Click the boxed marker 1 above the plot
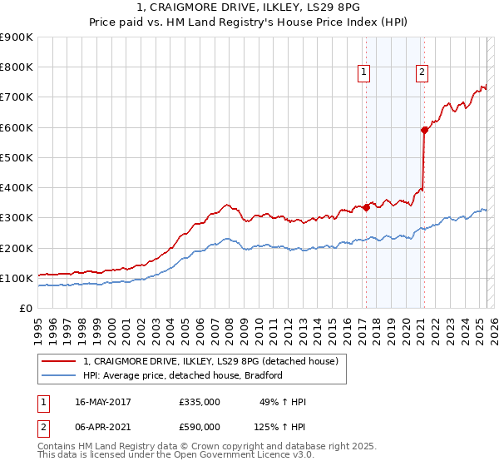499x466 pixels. click(364, 73)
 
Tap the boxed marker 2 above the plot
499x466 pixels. click(422, 73)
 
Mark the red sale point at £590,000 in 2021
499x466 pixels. click(424, 130)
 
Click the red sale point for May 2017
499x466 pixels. click(366, 207)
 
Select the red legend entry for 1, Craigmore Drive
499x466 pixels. click(210, 361)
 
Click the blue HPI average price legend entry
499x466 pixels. click(183, 375)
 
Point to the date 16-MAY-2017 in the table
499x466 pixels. click(103, 402)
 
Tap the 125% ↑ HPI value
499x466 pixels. click(280, 427)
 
